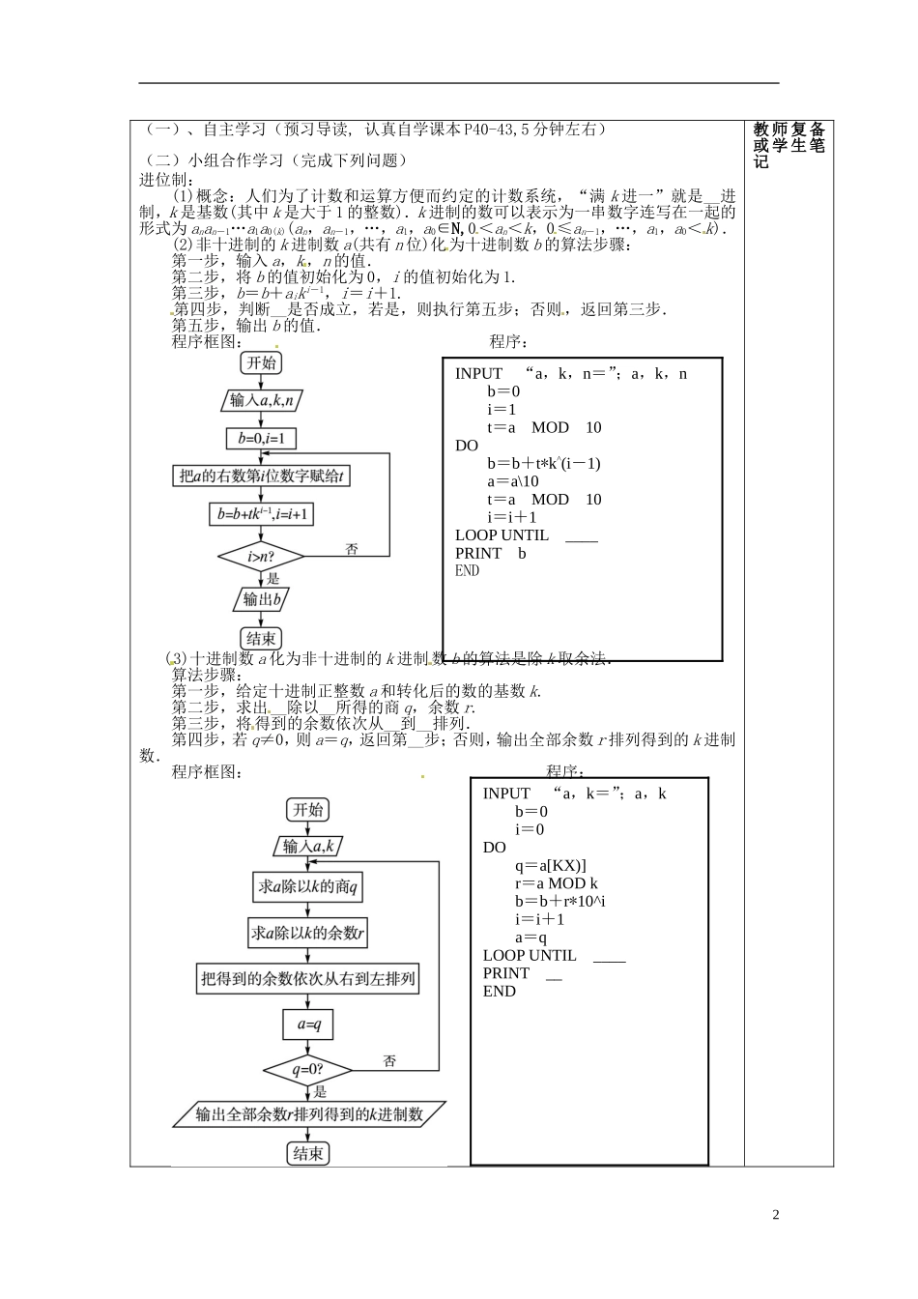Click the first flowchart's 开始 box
tap(261, 362)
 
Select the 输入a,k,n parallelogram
tap(262, 399)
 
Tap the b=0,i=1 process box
tap(261, 438)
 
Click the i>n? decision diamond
tap(261, 557)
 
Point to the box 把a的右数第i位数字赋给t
tap(262, 476)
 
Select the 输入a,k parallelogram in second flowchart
tap(308, 847)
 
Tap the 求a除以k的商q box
tap(308, 886)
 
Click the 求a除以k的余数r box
tap(308, 933)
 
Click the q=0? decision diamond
tap(307, 1070)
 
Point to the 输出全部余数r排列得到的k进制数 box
tap(309, 1114)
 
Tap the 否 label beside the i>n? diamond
tap(352, 549)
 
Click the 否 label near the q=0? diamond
tap(389, 1061)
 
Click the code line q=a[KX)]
tap(551, 866)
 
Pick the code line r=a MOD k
tap(557, 883)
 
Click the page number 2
tap(776, 1215)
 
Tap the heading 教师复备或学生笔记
tap(789, 145)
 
